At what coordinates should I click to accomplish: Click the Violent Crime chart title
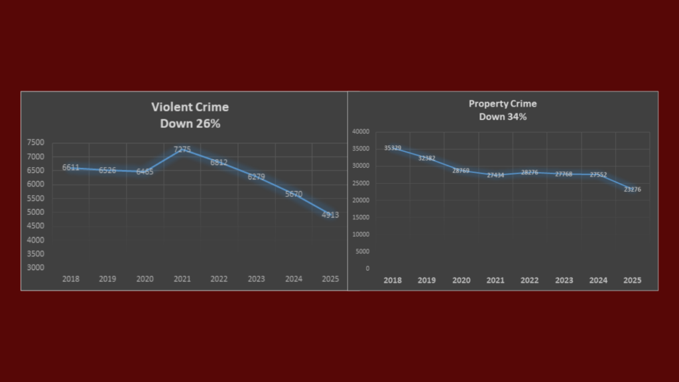190,107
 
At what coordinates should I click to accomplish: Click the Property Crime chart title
503,103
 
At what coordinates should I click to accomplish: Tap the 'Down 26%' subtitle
190,123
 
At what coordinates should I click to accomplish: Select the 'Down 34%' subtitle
503,117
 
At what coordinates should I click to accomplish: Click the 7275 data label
182,150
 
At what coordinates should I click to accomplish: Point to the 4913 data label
330,214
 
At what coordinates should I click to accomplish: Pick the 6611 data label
71,168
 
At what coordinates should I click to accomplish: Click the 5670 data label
293,194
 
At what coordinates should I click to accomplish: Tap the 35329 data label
393,148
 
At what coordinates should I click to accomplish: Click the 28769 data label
461,171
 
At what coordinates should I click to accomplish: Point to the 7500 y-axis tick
36,143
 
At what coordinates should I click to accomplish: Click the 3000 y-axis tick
36,268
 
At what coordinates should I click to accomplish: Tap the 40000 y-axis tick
361,132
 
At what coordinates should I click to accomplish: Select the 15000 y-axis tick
361,218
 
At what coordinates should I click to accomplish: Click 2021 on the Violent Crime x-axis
182,279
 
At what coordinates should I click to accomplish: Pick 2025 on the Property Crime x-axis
632,281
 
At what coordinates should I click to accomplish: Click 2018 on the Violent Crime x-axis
71,279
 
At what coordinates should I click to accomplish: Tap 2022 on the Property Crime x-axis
529,281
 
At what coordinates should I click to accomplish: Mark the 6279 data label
256,176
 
